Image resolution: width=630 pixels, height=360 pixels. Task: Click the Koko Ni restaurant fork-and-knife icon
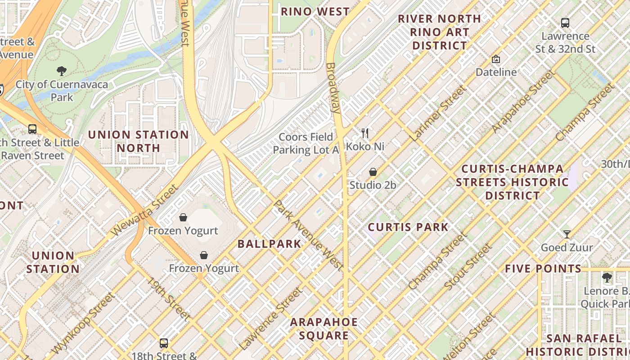[x=365, y=133]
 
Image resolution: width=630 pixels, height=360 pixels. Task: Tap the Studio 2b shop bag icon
[x=373, y=172]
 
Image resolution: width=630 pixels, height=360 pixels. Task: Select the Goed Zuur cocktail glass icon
[x=567, y=234]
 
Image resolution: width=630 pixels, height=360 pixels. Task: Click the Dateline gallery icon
[x=496, y=59]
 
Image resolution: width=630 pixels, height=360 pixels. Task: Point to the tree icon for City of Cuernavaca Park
[x=61, y=71]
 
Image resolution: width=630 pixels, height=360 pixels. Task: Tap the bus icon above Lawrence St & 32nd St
[x=565, y=22]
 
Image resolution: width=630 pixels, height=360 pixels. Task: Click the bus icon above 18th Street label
[x=164, y=343]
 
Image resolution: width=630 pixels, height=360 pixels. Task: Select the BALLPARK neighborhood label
[x=269, y=244]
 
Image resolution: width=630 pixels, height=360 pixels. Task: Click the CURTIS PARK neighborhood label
[x=408, y=227]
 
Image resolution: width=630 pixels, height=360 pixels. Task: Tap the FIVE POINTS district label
[x=543, y=269]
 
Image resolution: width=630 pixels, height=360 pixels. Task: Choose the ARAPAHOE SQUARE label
[x=324, y=328]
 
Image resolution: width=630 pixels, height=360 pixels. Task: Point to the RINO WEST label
[x=315, y=12]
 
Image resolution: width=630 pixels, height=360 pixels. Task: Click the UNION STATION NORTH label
[x=138, y=141]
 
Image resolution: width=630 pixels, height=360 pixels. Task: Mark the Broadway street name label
[x=333, y=88]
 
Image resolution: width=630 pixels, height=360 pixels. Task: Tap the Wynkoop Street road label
[x=83, y=323]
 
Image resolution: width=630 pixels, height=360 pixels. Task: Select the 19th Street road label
[x=169, y=298]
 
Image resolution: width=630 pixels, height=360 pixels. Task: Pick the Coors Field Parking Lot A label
[x=306, y=144]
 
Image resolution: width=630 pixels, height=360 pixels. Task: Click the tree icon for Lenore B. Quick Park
[x=607, y=278]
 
